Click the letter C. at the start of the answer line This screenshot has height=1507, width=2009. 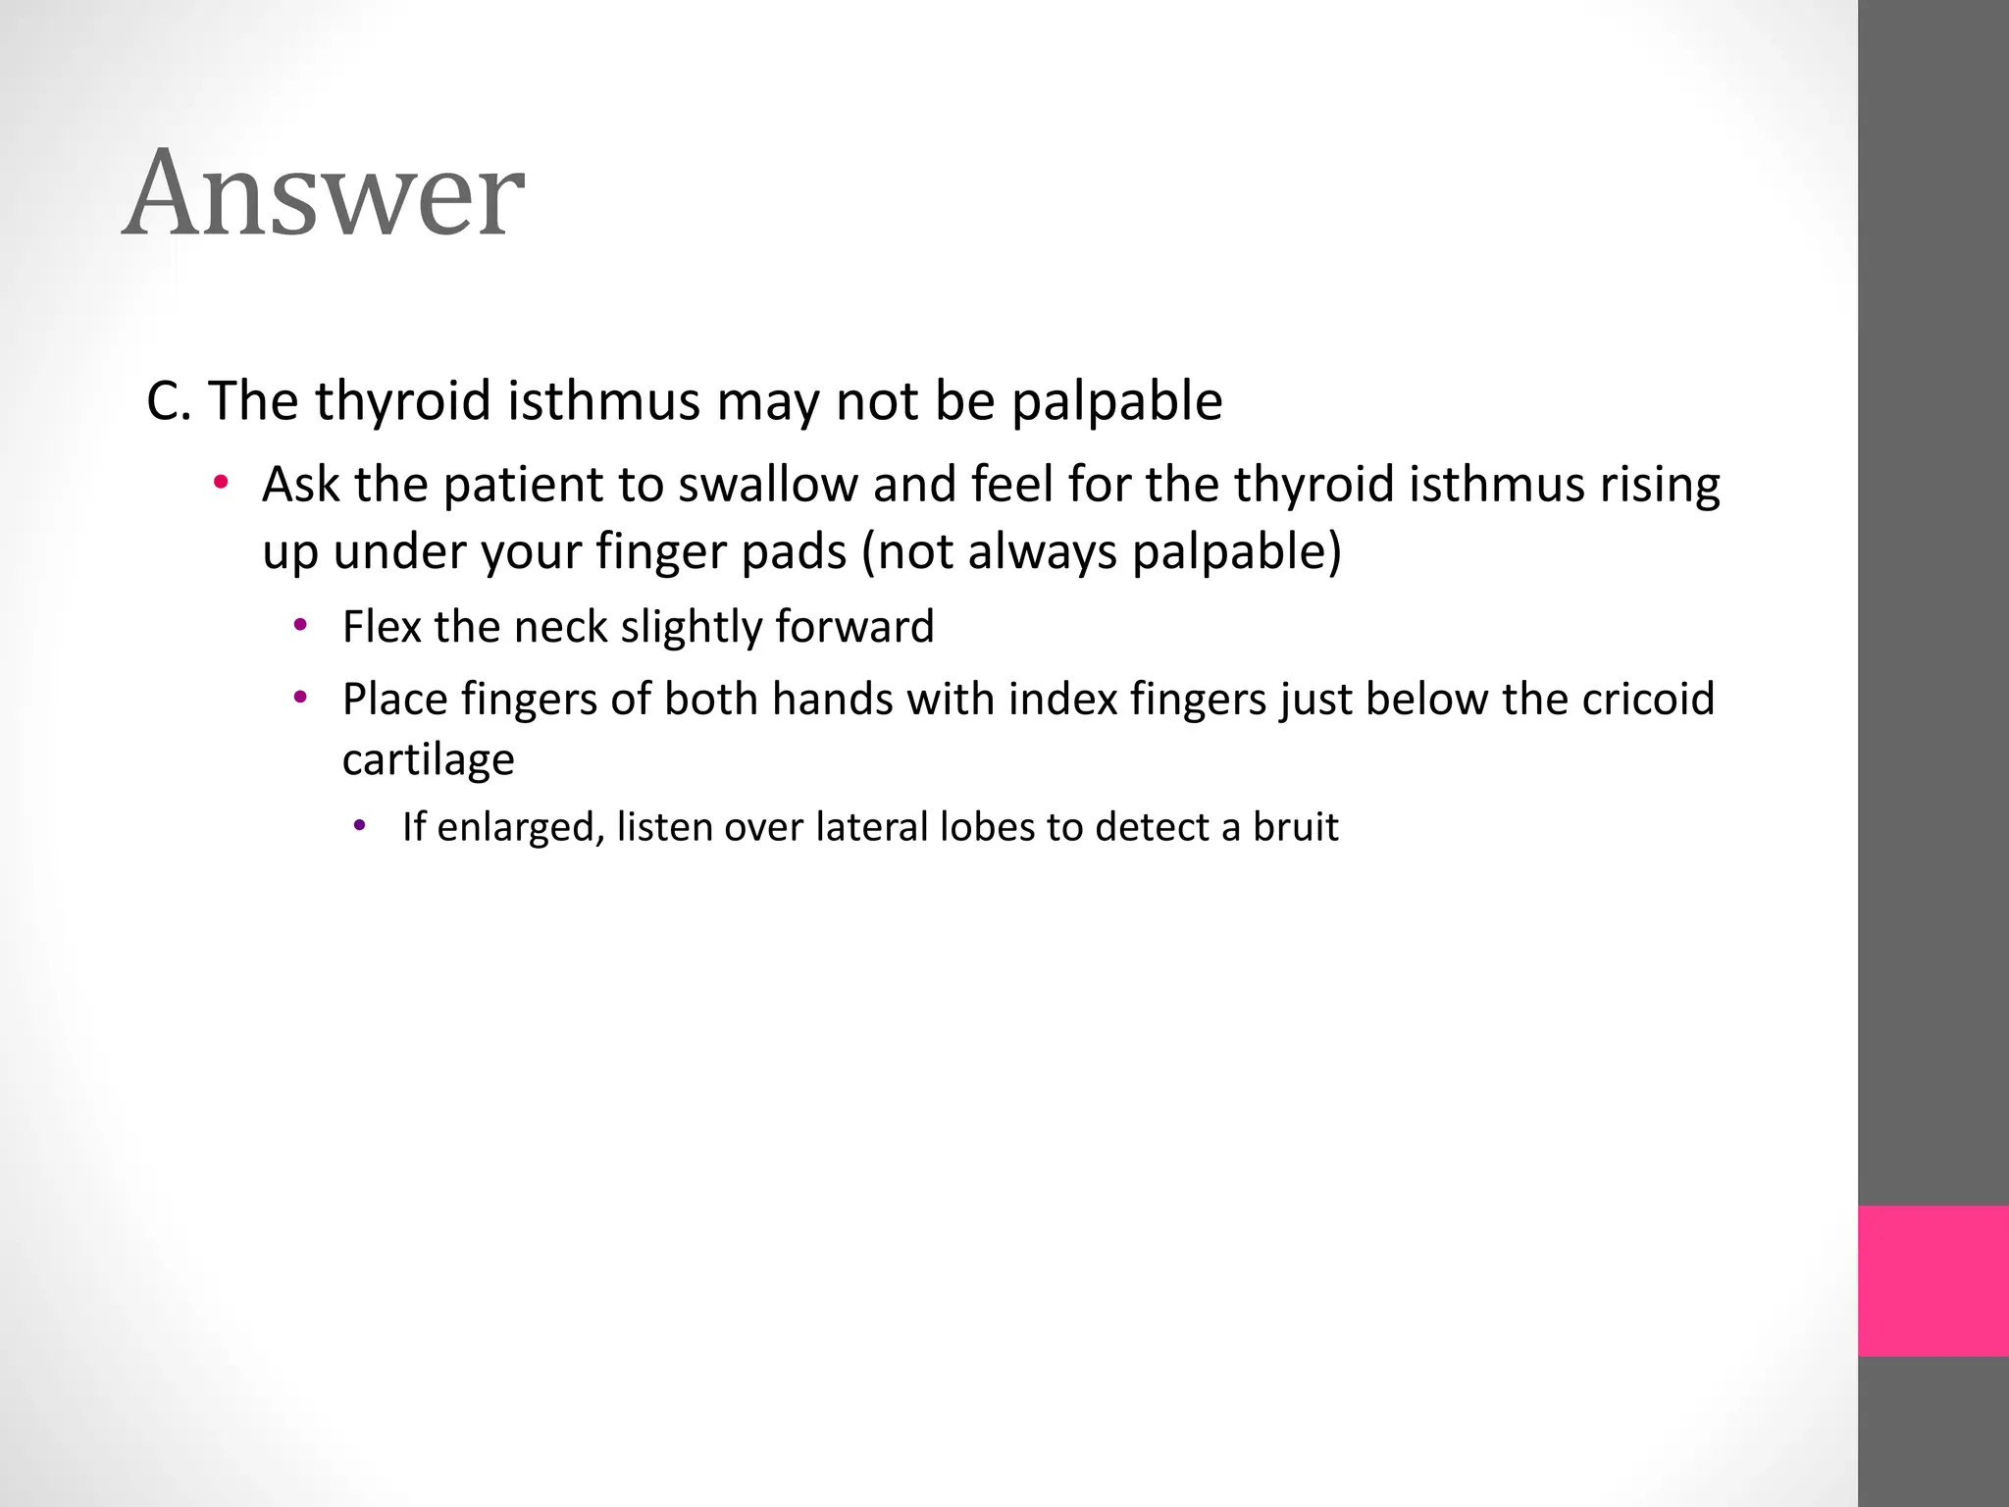click(168, 401)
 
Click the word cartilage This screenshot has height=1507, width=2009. click(428, 759)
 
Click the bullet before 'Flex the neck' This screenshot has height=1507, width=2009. click(301, 625)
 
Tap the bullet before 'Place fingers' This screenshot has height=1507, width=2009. click(301, 698)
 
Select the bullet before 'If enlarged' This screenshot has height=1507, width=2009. click(360, 826)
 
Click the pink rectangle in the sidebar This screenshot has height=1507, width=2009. click(1932, 1281)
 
